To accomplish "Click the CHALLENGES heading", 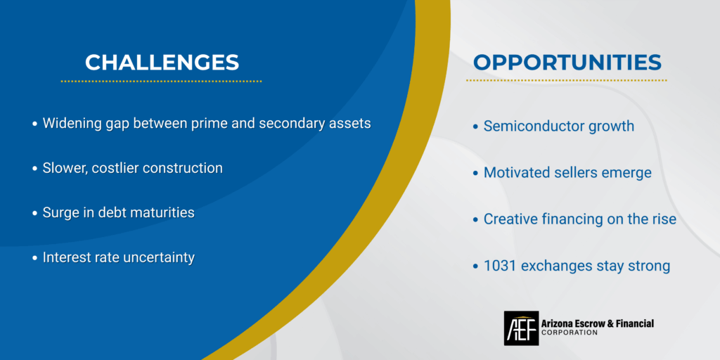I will pos(162,62).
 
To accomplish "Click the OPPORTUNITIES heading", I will pos(567,62).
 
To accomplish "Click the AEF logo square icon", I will pos(521,328).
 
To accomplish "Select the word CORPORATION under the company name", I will pos(570,333).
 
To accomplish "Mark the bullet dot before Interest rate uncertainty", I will pos(34,258).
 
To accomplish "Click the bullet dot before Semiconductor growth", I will pos(475,127).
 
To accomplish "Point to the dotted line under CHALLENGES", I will pos(161,82).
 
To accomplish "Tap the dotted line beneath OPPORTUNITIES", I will pos(566,80).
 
